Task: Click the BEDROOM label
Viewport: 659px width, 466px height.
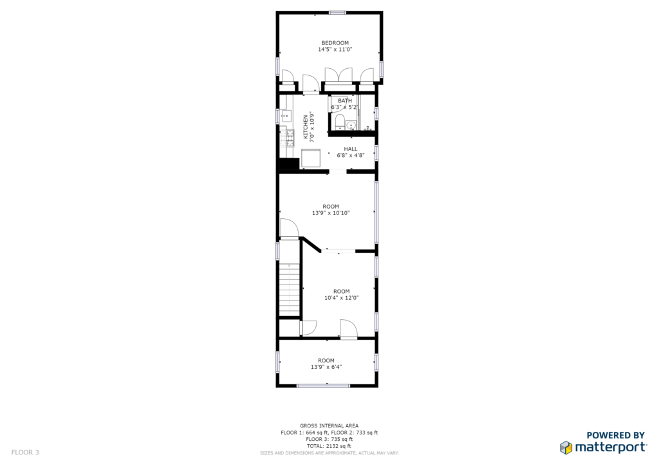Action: click(x=335, y=43)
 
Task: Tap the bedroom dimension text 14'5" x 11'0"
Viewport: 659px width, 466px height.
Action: click(x=335, y=50)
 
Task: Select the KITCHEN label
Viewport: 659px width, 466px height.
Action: click(x=306, y=127)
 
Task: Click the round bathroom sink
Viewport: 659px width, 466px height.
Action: click(x=351, y=126)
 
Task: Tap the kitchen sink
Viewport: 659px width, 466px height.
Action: click(x=286, y=116)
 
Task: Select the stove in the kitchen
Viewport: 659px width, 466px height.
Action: click(x=290, y=138)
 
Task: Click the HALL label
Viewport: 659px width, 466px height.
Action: click(x=351, y=149)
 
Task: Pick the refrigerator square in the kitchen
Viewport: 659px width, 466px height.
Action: click(x=311, y=159)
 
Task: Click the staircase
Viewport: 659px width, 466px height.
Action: click(x=289, y=290)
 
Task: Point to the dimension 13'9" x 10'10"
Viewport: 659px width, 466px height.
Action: click(x=331, y=213)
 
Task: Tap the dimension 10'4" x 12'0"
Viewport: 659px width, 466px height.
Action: click(x=341, y=298)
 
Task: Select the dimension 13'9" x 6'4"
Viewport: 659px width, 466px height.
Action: click(x=326, y=367)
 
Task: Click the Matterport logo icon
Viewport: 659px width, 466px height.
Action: click(x=566, y=447)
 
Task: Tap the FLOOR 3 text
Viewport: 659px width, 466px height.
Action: click(x=25, y=452)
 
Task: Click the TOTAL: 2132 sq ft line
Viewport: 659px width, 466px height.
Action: click(x=329, y=446)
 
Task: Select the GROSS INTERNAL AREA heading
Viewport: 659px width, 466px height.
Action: click(x=329, y=425)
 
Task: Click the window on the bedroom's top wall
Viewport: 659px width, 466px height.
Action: click(x=337, y=13)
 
